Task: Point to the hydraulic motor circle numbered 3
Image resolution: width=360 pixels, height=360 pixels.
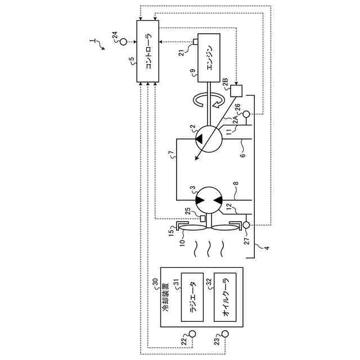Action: click(206, 199)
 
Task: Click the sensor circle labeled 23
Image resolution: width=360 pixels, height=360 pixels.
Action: click(224, 335)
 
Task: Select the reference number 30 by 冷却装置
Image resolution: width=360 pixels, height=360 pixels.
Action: click(155, 281)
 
